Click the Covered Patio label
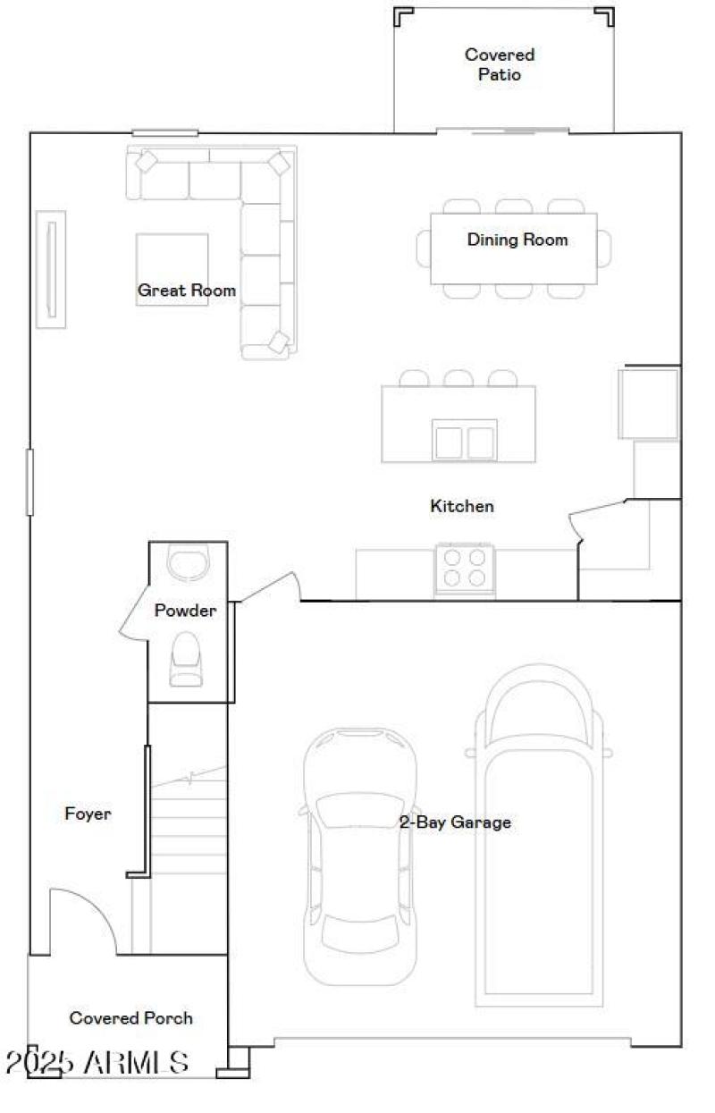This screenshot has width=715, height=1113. (x=499, y=64)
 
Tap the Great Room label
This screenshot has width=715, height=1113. (x=187, y=290)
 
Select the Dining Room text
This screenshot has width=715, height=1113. (x=517, y=240)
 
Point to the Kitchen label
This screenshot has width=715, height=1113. (x=462, y=506)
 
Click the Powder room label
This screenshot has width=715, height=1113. (x=186, y=611)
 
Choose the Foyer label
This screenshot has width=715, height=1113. (x=88, y=814)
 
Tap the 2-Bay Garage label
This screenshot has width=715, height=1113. (x=455, y=822)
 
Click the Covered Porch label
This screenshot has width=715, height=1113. (x=130, y=1017)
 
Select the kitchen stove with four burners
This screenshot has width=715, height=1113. (x=465, y=568)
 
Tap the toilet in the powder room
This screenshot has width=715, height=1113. (x=186, y=660)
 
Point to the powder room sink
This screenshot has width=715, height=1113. (x=188, y=562)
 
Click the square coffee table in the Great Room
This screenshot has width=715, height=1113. (x=172, y=268)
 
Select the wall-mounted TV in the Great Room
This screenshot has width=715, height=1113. (x=51, y=269)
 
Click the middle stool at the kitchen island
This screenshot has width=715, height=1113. (x=458, y=378)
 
